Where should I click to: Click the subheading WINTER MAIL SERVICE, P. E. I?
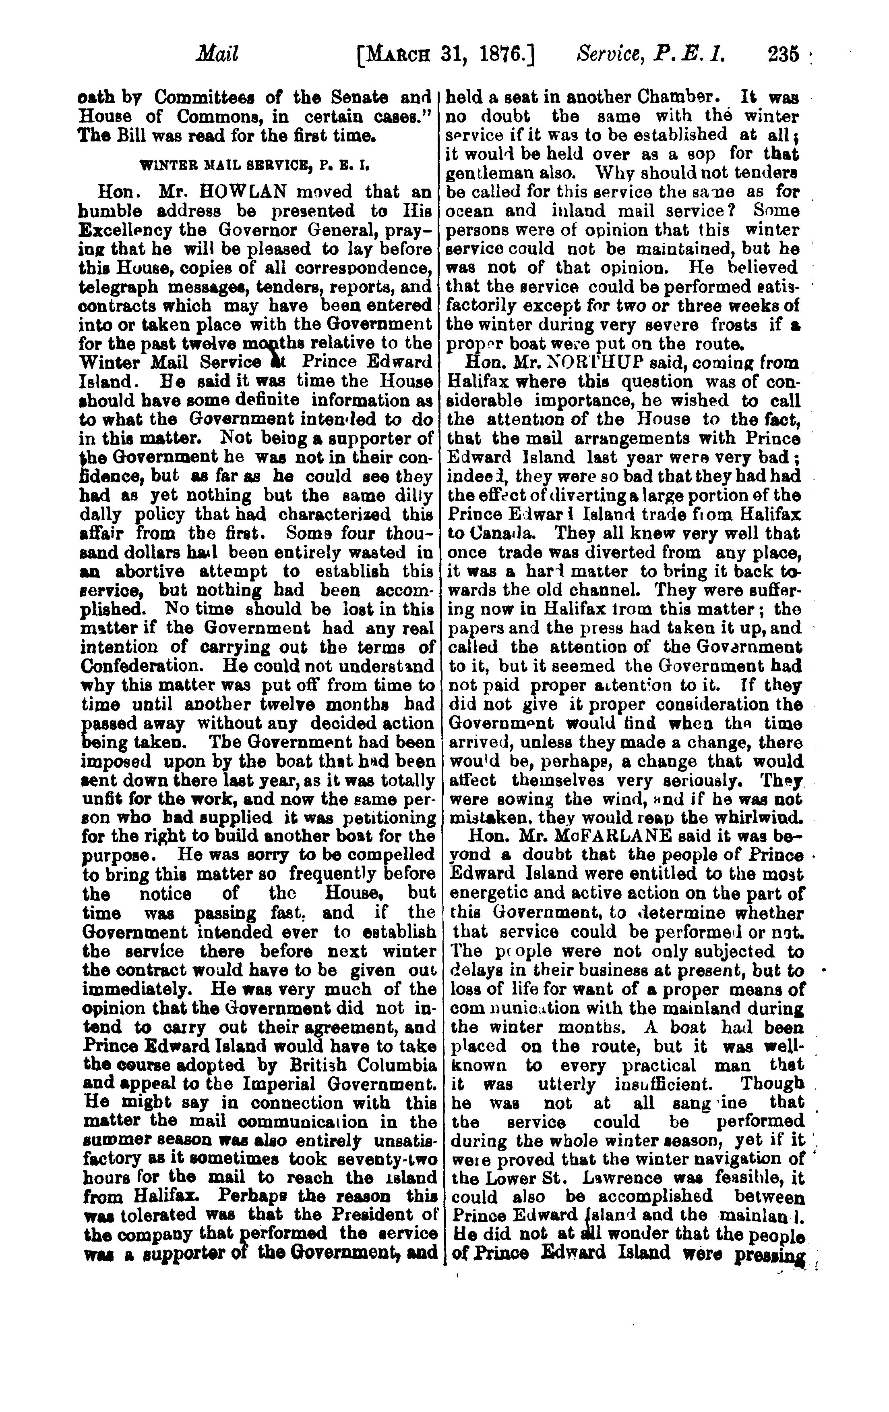click(x=256, y=166)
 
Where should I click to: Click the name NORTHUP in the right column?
click(x=607, y=363)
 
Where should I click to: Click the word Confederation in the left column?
click(x=139, y=666)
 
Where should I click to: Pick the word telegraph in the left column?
click(x=121, y=287)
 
